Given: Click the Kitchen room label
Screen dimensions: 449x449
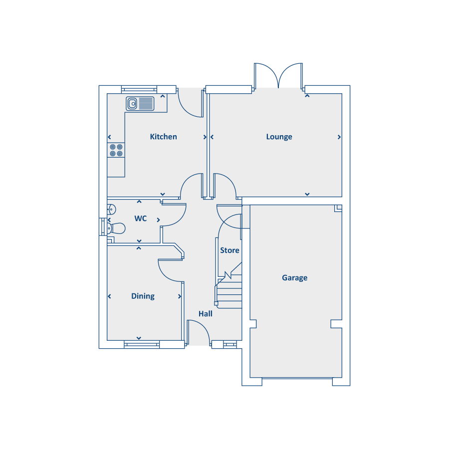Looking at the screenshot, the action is coord(163,137).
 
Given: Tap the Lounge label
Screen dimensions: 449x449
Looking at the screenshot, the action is coord(279,137).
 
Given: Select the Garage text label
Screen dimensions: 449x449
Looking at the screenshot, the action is coord(295,278).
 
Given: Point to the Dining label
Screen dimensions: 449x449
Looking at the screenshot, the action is coord(143,296).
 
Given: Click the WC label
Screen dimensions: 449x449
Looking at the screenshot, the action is coord(141,219).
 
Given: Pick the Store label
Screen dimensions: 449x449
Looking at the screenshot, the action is coord(229,250).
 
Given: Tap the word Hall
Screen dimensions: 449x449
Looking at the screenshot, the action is coord(206,314).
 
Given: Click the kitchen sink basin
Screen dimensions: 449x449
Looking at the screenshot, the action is coord(132,103).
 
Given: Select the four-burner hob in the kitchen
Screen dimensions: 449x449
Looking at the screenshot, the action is coord(116,150).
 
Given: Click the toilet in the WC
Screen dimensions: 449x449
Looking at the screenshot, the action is coord(117,228).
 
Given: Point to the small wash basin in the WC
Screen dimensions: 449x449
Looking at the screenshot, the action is coord(111,210).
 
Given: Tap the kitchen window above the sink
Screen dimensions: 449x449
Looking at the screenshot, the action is coord(139,90).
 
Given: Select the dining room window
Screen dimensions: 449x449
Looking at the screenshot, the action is coord(142,344).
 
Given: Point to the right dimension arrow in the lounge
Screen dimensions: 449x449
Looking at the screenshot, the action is coord(339,137).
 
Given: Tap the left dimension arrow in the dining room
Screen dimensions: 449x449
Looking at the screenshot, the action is coord(109,296).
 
